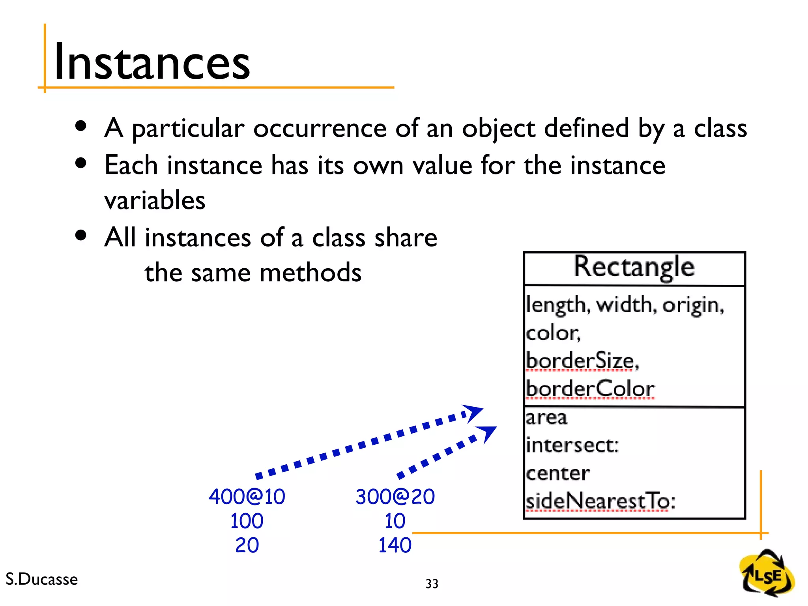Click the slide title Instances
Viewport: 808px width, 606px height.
coord(152,62)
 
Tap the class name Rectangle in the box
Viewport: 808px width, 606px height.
coord(634,267)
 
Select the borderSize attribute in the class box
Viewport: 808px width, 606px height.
coord(582,361)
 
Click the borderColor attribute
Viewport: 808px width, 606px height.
coord(590,389)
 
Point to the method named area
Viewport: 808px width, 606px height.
coord(546,417)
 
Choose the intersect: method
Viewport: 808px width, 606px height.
coord(572,445)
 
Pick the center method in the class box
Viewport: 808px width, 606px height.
coord(558,473)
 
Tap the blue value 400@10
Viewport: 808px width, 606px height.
coord(247,496)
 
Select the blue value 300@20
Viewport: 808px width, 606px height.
coord(395,496)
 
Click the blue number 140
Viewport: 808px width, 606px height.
coord(395,545)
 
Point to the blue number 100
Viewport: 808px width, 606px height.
coord(247,521)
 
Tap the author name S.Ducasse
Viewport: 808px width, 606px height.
coord(42,579)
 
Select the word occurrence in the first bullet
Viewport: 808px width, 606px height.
coord(320,128)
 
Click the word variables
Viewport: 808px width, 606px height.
coord(155,200)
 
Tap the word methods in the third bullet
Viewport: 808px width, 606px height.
coord(310,272)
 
